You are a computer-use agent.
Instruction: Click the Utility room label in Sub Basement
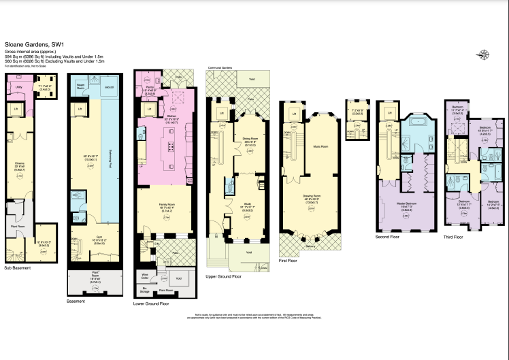pos(19,87)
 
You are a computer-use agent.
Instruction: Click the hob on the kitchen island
pos(169,148)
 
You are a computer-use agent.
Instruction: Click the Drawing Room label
pos(312,198)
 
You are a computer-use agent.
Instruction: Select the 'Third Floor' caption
pos(453,237)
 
